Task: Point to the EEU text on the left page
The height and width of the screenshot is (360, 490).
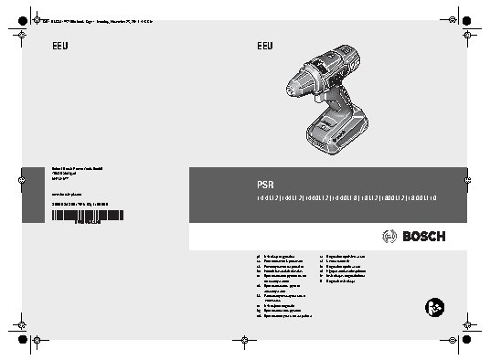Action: pos(58,47)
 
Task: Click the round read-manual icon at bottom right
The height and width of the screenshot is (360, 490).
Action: pos(436,306)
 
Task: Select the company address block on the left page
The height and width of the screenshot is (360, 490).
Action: pos(66,175)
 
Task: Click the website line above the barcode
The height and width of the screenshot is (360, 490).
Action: pos(65,193)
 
